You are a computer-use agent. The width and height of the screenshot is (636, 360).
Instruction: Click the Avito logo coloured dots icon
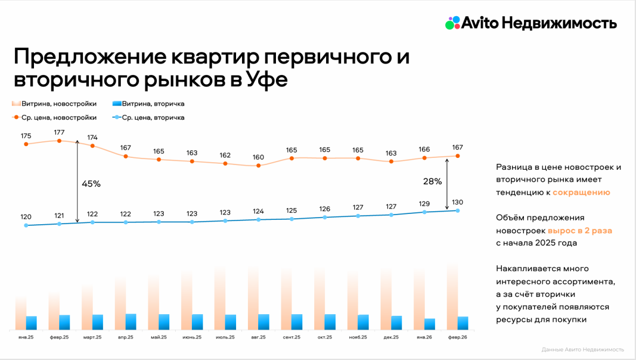(x=453, y=23)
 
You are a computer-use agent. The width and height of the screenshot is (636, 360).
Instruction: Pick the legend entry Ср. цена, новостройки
(x=54, y=117)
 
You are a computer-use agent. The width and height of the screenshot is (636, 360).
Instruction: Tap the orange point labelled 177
(x=59, y=141)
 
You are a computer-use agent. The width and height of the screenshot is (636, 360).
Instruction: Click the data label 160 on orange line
(x=259, y=157)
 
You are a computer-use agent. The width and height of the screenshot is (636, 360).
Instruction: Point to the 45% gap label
(x=91, y=184)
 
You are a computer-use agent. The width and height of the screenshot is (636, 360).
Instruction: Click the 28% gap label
(x=432, y=182)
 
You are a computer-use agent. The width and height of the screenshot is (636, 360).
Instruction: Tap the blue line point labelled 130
(x=458, y=210)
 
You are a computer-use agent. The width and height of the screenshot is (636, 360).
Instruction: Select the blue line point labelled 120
(x=26, y=225)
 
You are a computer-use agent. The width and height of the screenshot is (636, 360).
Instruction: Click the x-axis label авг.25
(x=259, y=337)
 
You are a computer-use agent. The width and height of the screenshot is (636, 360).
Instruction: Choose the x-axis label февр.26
(x=458, y=337)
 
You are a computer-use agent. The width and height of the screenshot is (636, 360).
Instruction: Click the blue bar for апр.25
(x=131, y=322)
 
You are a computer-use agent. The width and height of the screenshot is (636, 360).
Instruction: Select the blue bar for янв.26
(x=430, y=324)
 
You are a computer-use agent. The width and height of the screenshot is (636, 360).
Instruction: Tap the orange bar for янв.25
(x=21, y=313)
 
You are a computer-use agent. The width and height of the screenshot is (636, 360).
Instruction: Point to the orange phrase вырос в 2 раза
(x=580, y=231)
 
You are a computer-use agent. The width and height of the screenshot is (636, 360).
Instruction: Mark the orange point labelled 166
(x=425, y=158)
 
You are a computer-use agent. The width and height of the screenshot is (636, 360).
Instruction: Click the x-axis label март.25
(x=92, y=337)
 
